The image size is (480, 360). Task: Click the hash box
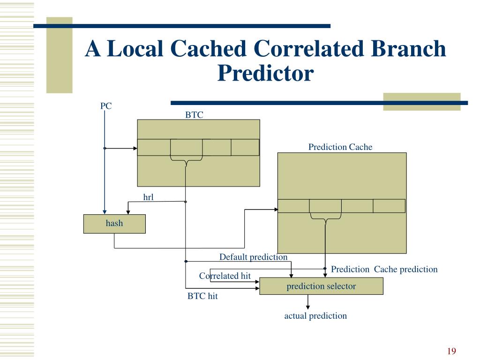pyautogui.click(x=114, y=224)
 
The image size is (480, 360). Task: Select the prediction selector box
pyautogui.click(x=321, y=286)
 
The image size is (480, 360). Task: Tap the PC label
pyautogui.click(x=106, y=106)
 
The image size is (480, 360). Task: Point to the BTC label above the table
pyautogui.click(x=194, y=115)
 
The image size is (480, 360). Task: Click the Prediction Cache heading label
pyautogui.click(x=340, y=147)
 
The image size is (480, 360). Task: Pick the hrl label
pyautogui.click(x=149, y=197)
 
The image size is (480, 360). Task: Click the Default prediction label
pyautogui.click(x=253, y=257)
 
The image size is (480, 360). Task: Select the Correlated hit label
pyautogui.click(x=225, y=276)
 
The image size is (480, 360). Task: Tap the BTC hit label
pyautogui.click(x=202, y=296)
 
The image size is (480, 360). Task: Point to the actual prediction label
pyautogui.click(x=315, y=316)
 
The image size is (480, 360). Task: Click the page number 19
pyautogui.click(x=452, y=352)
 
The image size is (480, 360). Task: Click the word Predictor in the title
pyautogui.click(x=265, y=73)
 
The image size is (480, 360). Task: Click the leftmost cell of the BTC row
pyautogui.click(x=154, y=147)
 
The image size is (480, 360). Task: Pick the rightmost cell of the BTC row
pyautogui.click(x=245, y=147)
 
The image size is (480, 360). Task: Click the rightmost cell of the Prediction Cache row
pyautogui.click(x=389, y=206)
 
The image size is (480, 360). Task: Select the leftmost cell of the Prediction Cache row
pyautogui.click(x=293, y=206)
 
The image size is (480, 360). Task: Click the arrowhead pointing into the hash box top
pyautogui.click(x=105, y=211)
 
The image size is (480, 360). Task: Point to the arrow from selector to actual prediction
pyautogui.click(x=308, y=302)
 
